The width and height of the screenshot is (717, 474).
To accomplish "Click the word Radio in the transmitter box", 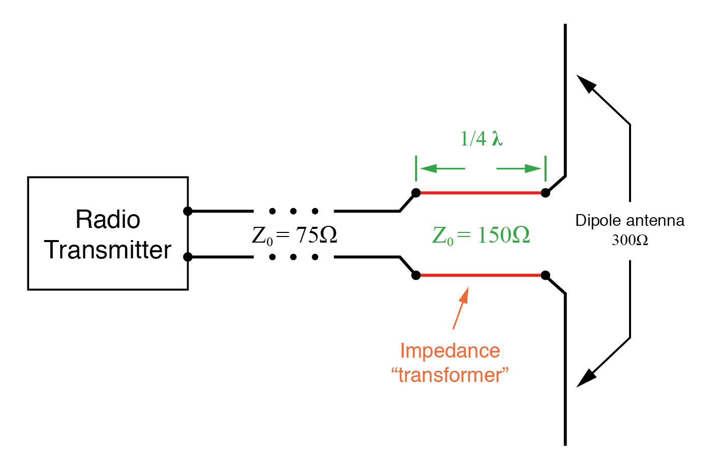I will coord(108,220).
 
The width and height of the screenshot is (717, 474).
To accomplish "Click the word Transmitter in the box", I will coord(108,250).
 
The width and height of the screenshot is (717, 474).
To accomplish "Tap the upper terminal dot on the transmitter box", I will coord(188,211).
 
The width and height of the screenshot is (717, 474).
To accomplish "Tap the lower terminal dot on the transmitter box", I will coord(188,257).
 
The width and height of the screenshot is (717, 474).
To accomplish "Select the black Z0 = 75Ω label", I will coord(294,235).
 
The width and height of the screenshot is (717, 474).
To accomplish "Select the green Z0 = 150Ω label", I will coord(481,235).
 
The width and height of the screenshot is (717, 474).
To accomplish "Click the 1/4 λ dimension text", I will coord(481,138).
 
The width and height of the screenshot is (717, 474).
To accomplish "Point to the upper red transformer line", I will coord(481,193).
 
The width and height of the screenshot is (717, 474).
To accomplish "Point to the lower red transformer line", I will coord(481,275).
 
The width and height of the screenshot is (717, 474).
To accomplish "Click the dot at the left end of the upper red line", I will coord(416,193).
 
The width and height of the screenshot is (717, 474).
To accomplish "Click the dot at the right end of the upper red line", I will coord(545,193).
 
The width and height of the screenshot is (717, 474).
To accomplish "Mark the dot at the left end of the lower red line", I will coord(416,275).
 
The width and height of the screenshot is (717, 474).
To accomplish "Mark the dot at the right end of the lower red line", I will coord(545,275).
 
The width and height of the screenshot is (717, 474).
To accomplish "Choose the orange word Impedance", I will coord(450,351).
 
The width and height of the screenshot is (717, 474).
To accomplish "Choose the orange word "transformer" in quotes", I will coord(450,375).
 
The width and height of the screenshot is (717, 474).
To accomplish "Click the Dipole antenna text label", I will coord(630,221).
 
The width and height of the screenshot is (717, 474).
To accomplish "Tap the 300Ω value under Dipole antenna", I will coord(630,240).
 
